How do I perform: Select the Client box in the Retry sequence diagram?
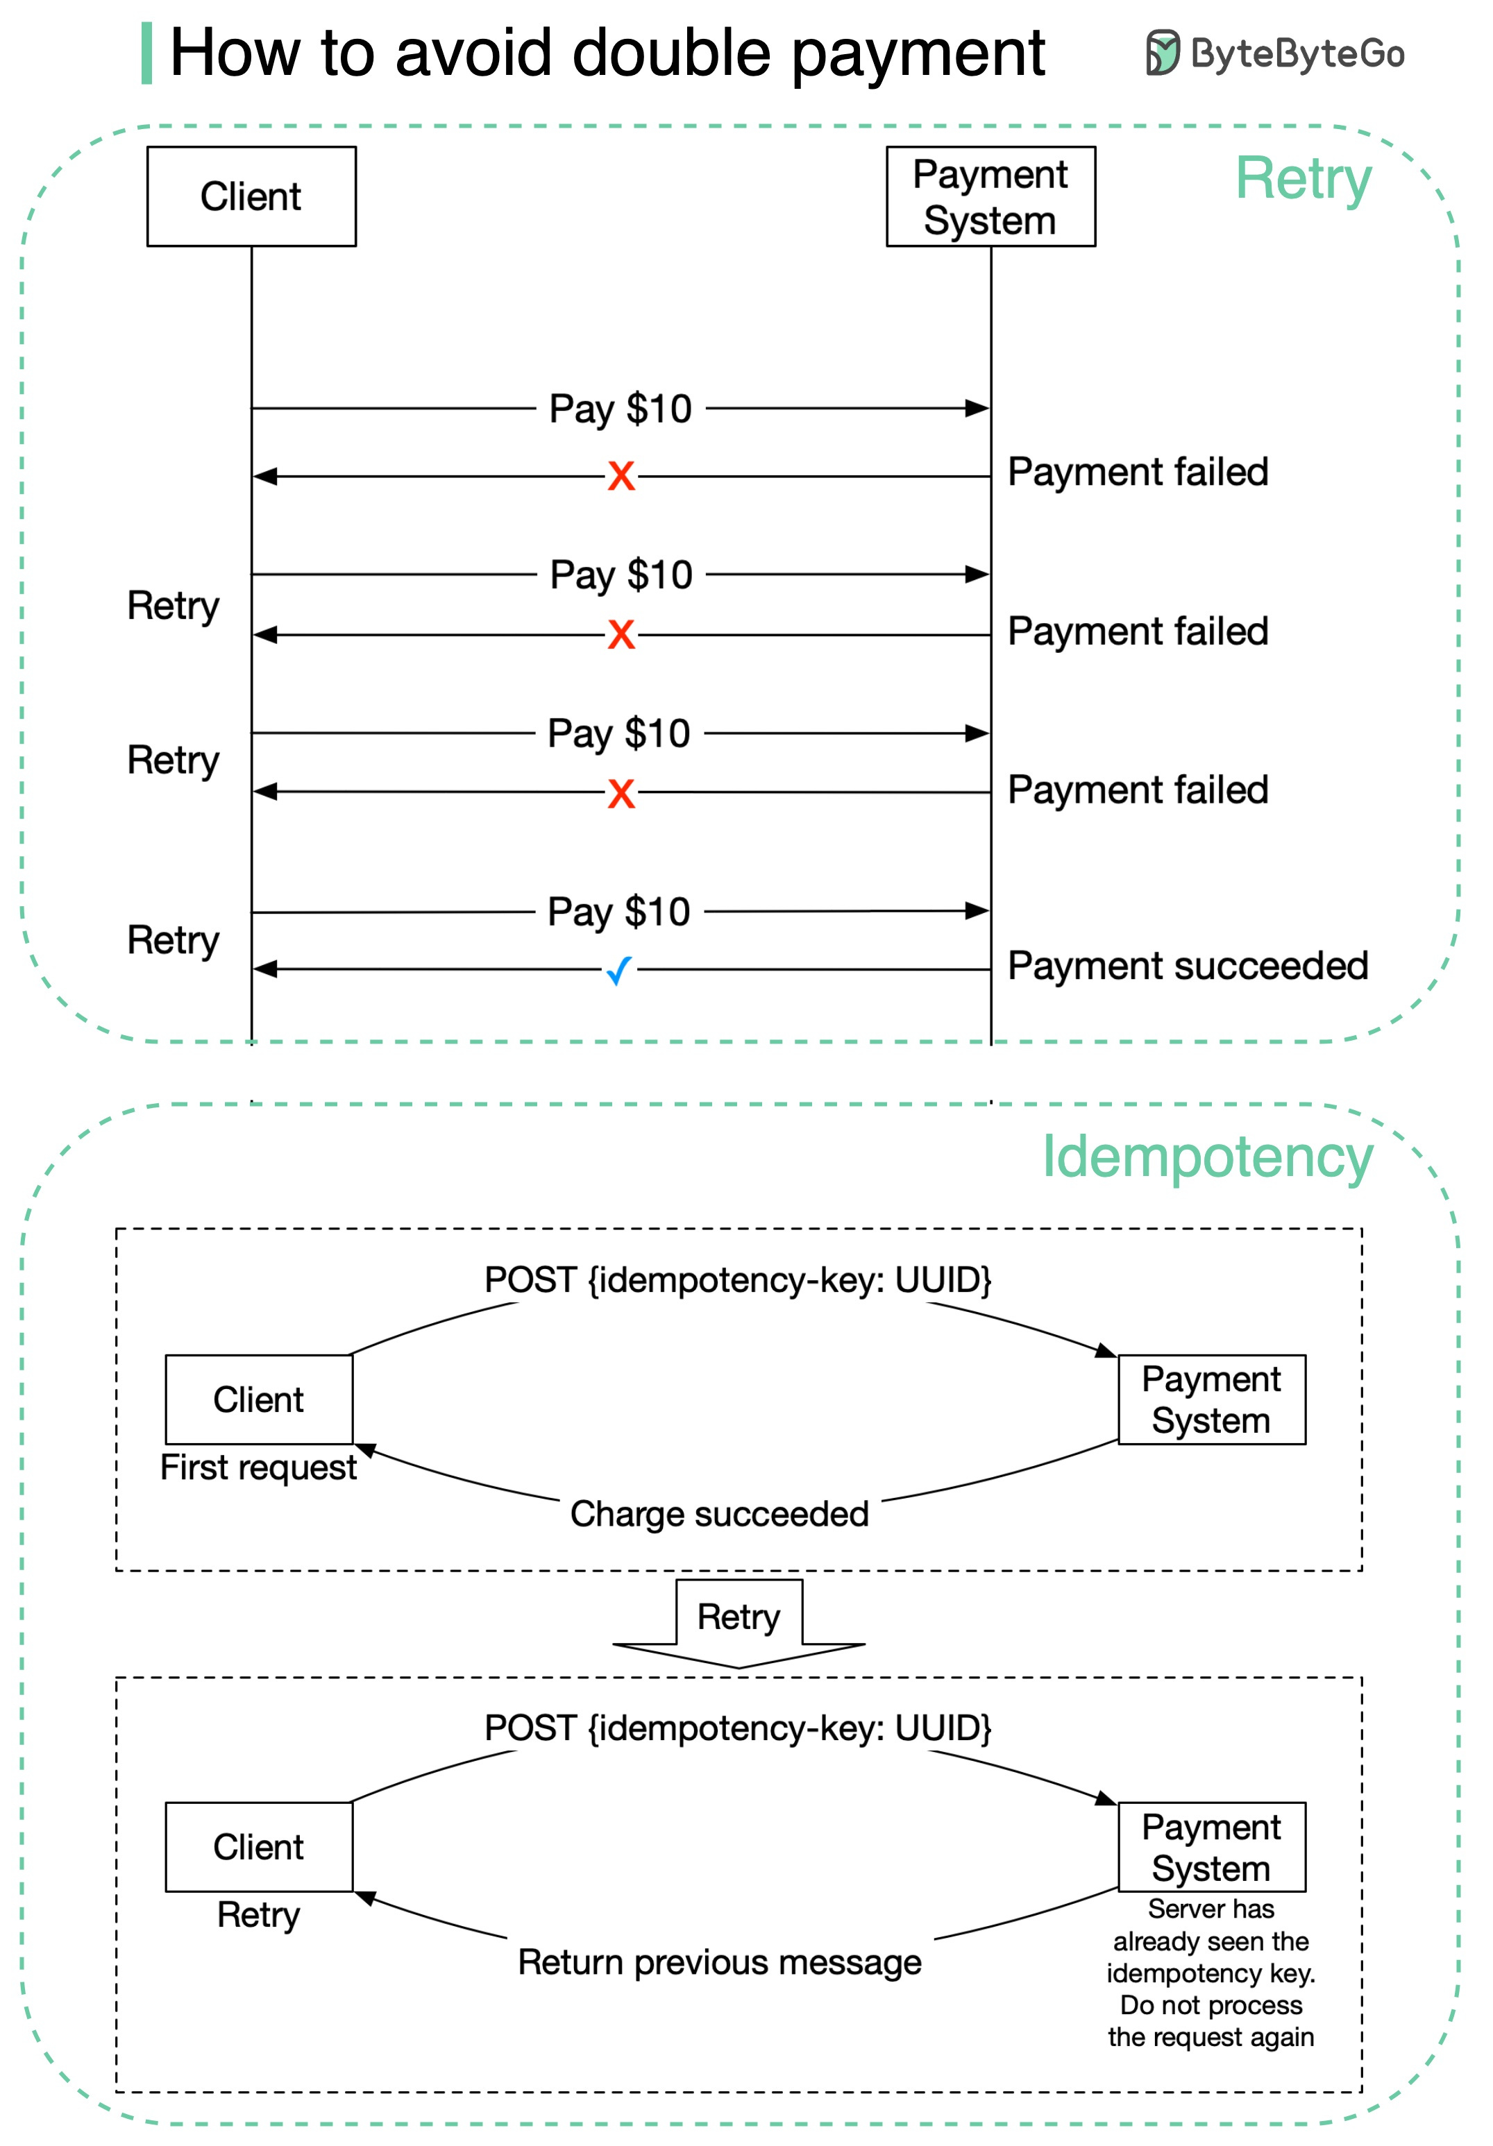[251, 196]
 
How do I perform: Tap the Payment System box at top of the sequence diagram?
[990, 196]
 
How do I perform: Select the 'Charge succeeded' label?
[719, 1513]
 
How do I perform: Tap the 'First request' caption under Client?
[258, 1467]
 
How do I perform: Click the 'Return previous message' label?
[719, 1962]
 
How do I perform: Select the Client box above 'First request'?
[258, 1399]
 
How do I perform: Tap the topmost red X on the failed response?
[621, 476]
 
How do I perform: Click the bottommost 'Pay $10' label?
[619, 911]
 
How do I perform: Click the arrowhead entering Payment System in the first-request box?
[1107, 1351]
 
